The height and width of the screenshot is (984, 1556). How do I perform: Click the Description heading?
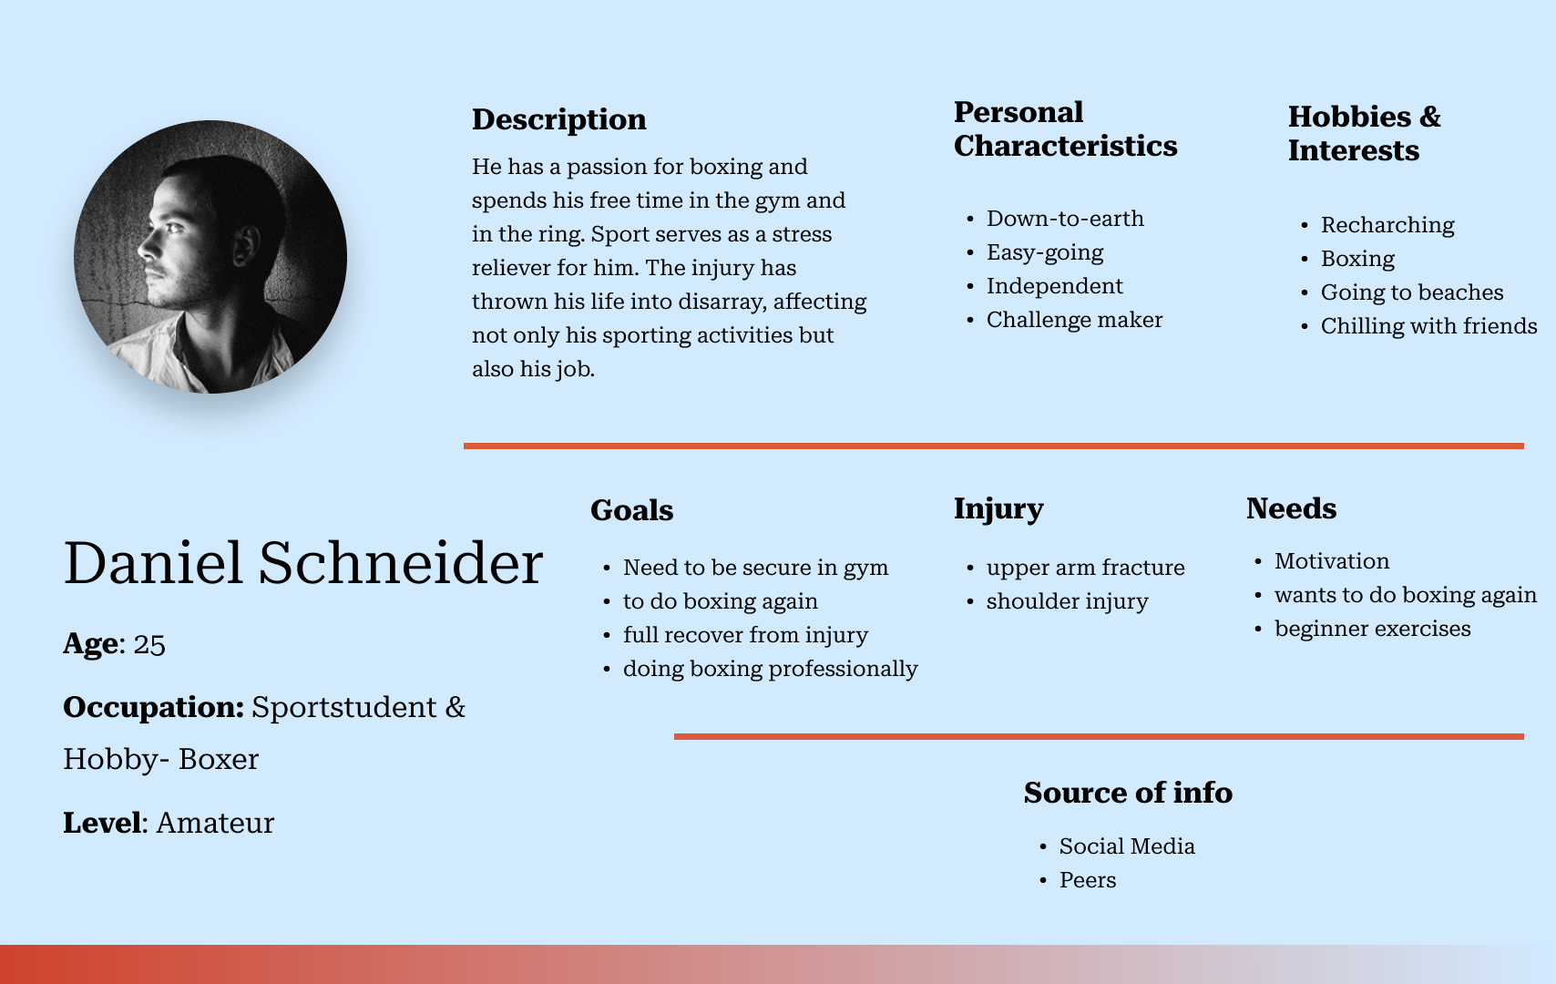tap(559, 119)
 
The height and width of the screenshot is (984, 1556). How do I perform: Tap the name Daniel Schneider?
tap(302, 563)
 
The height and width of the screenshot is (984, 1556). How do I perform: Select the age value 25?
tap(149, 645)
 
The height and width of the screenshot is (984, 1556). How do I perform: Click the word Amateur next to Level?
tap(215, 824)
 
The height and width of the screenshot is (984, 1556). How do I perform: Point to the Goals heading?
tap(632, 510)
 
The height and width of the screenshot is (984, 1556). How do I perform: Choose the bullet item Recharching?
tap(1387, 225)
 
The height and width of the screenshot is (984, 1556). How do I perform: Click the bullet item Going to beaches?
tap(1411, 292)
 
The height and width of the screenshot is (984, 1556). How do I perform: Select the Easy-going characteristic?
tap(1045, 253)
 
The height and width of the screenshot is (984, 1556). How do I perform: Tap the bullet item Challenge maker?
tap(1074, 320)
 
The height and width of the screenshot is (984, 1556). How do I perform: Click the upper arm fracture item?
tap(1085, 569)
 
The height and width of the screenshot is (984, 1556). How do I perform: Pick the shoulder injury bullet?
tap(1067, 602)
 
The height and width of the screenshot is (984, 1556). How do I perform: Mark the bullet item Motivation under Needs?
tap(1332, 561)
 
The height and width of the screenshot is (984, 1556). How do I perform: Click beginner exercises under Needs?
tap(1373, 629)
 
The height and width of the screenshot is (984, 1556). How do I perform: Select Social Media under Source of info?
tap(1127, 846)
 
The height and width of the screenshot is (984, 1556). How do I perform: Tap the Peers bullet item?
tap(1087, 880)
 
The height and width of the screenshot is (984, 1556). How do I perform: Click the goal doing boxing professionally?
tap(771, 669)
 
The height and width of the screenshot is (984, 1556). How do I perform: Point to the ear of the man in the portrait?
tap(247, 244)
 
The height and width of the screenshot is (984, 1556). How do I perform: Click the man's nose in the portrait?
tap(147, 243)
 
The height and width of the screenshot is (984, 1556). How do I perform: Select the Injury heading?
tap(998, 509)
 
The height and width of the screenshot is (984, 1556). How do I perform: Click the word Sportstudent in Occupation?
tap(343, 707)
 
